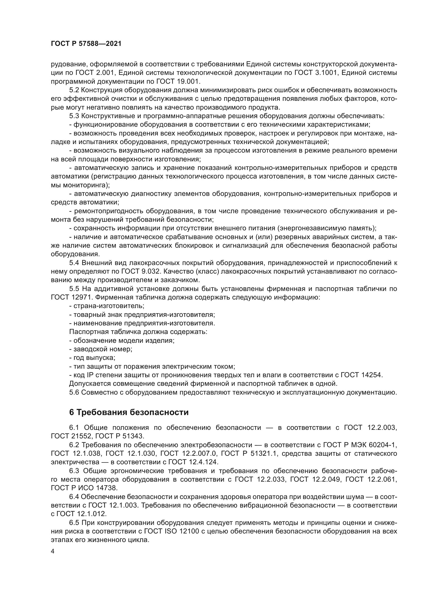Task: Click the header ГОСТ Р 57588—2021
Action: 86,44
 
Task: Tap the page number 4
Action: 53,552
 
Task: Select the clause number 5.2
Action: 74,90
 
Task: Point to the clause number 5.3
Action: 74,116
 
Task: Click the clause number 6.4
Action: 74,497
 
